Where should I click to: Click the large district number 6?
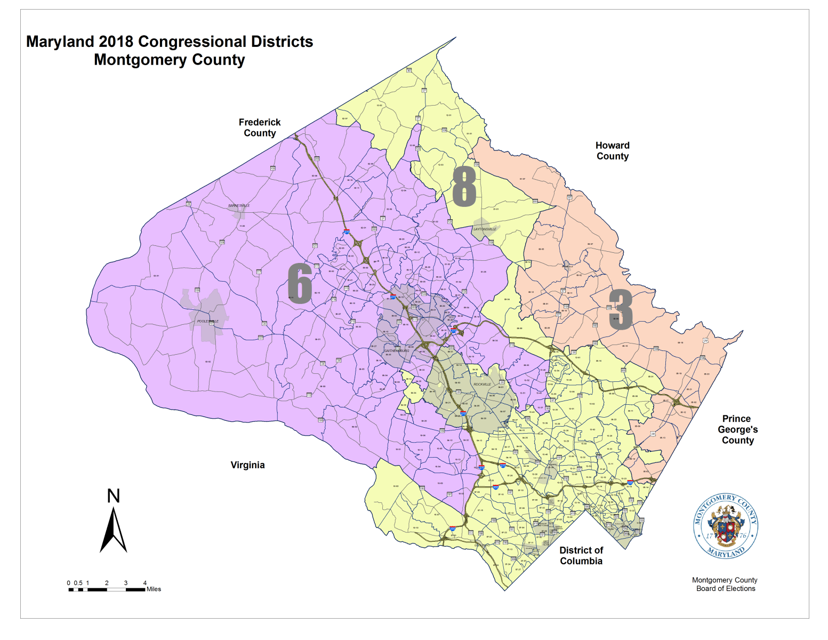(300, 283)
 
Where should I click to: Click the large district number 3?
(621, 309)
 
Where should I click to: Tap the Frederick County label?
(260, 128)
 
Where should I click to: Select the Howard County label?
(613, 151)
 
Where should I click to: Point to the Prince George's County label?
(738, 429)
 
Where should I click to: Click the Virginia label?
(247, 465)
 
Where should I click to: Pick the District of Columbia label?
(581, 556)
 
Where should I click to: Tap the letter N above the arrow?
(114, 496)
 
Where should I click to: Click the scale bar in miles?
(107, 589)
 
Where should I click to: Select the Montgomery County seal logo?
(726, 526)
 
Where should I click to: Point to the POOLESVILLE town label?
(208, 322)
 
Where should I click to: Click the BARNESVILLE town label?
(239, 206)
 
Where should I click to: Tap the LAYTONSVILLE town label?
(485, 229)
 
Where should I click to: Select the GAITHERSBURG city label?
(397, 351)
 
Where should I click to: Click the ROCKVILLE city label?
(483, 385)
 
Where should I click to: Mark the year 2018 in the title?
(116, 42)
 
